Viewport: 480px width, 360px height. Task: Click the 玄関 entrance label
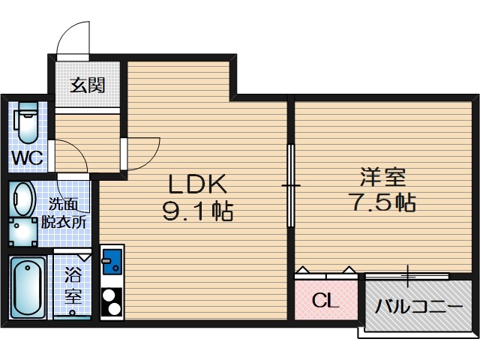(87, 85)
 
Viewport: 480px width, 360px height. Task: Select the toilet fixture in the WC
(28, 122)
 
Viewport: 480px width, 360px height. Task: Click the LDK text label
(196, 184)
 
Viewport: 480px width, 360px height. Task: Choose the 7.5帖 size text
(382, 202)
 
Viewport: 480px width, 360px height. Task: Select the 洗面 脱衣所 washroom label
(67, 212)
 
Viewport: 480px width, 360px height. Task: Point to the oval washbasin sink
(24, 200)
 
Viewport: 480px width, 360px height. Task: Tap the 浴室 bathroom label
(72, 285)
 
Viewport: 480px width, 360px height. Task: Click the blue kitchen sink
(112, 262)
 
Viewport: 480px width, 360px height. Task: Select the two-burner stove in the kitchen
(112, 302)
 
